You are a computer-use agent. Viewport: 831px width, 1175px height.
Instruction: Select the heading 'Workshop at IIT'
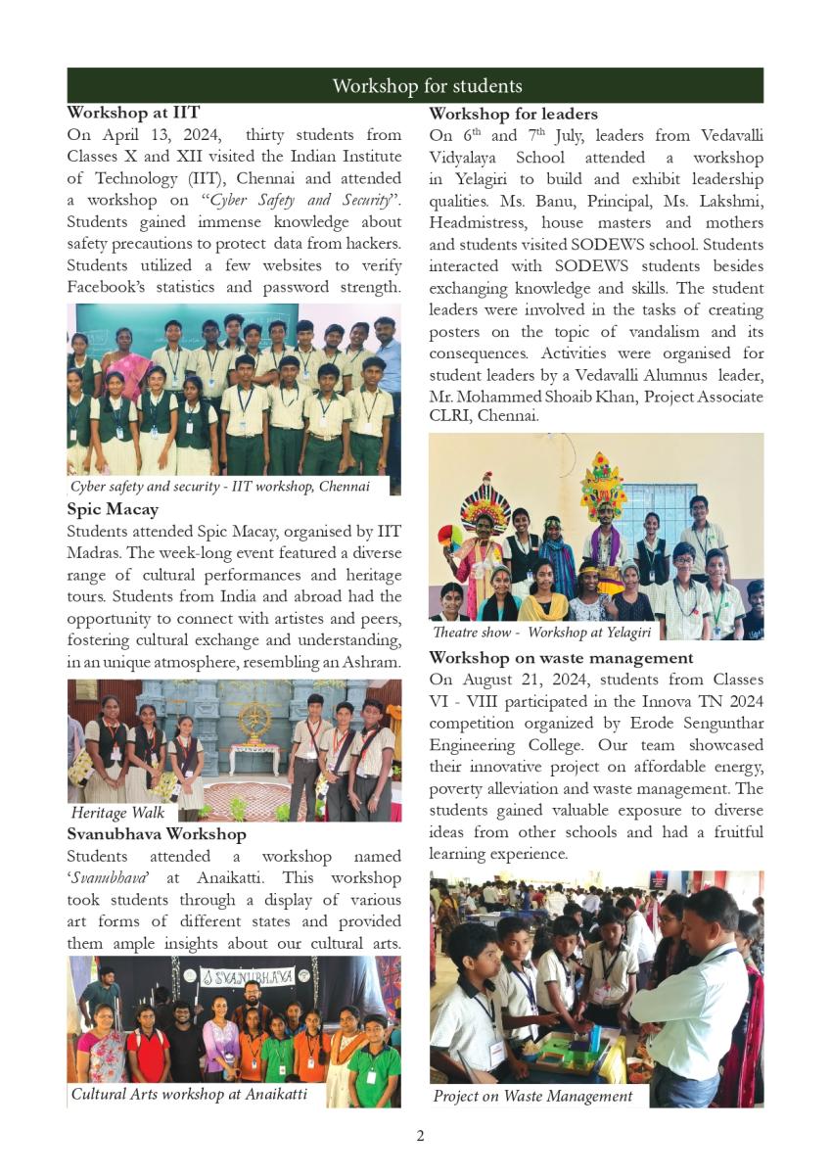(x=133, y=114)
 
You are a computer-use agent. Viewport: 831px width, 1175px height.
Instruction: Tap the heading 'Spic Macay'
(x=113, y=509)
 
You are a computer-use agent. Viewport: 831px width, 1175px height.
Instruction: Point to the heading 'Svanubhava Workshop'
(x=157, y=834)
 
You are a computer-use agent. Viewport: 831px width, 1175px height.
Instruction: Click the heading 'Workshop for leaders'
(x=513, y=114)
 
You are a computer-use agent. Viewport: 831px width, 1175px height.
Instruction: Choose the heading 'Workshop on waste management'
(x=561, y=658)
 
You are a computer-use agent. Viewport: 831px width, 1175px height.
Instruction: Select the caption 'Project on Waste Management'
(x=532, y=1097)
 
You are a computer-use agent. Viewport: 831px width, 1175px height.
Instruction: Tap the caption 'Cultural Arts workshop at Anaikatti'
(x=189, y=1095)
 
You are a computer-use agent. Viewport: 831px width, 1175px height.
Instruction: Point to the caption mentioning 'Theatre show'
(x=541, y=633)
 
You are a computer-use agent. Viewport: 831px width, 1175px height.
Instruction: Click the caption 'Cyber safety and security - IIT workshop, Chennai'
(x=220, y=487)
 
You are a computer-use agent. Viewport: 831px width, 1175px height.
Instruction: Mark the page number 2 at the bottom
(x=420, y=1136)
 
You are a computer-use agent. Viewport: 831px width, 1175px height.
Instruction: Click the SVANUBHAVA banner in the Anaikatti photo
(x=247, y=976)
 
